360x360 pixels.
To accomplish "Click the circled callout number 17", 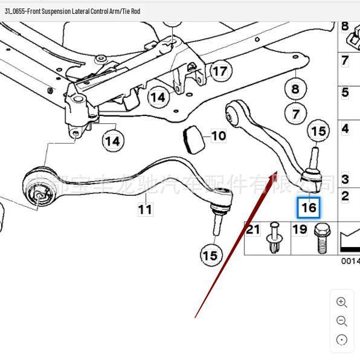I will (x=220, y=71).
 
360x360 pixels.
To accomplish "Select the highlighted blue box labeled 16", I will (x=309, y=207).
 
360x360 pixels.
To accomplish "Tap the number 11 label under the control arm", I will (x=144, y=209).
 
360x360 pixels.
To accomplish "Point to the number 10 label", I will (x=218, y=136).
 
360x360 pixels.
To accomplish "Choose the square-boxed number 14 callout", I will (x=158, y=97).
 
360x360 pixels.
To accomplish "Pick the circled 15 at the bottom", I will (x=210, y=256).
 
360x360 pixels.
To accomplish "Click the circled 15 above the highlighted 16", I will (x=318, y=131).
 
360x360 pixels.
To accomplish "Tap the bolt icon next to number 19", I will (x=320, y=239).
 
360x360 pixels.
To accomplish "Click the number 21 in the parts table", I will (x=252, y=230).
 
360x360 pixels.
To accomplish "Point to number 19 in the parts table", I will (x=300, y=230).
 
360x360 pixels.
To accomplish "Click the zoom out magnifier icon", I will (x=341, y=321).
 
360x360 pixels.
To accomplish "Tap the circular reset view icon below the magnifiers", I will (x=341, y=340).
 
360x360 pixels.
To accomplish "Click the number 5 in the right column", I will (x=345, y=92).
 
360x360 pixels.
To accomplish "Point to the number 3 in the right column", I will (x=345, y=179).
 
